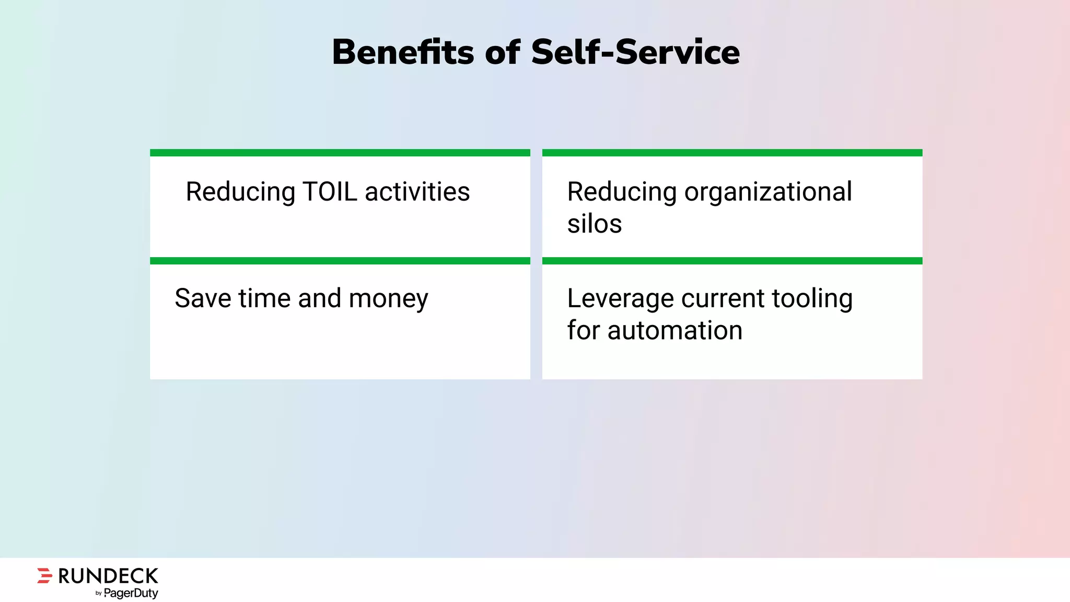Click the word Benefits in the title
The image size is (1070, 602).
[x=403, y=52]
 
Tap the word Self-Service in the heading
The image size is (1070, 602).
[x=635, y=52]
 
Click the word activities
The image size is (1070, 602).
[x=417, y=192]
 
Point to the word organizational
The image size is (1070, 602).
[x=768, y=192]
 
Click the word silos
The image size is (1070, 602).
[x=595, y=224]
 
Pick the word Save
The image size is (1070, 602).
[x=203, y=298]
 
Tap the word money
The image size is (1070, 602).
[x=388, y=299]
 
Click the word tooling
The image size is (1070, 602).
[x=812, y=299]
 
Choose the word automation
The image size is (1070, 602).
[x=674, y=331]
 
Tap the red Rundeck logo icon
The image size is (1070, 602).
[x=45, y=575]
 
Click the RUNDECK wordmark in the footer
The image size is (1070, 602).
[x=108, y=576]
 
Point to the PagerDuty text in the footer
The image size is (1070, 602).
[x=131, y=593]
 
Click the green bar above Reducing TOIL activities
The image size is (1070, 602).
[x=340, y=153]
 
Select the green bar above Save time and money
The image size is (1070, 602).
[x=340, y=261]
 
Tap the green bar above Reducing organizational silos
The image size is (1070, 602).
[x=732, y=153]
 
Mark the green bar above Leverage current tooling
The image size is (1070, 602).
[x=732, y=261]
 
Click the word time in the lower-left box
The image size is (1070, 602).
[x=264, y=298]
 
